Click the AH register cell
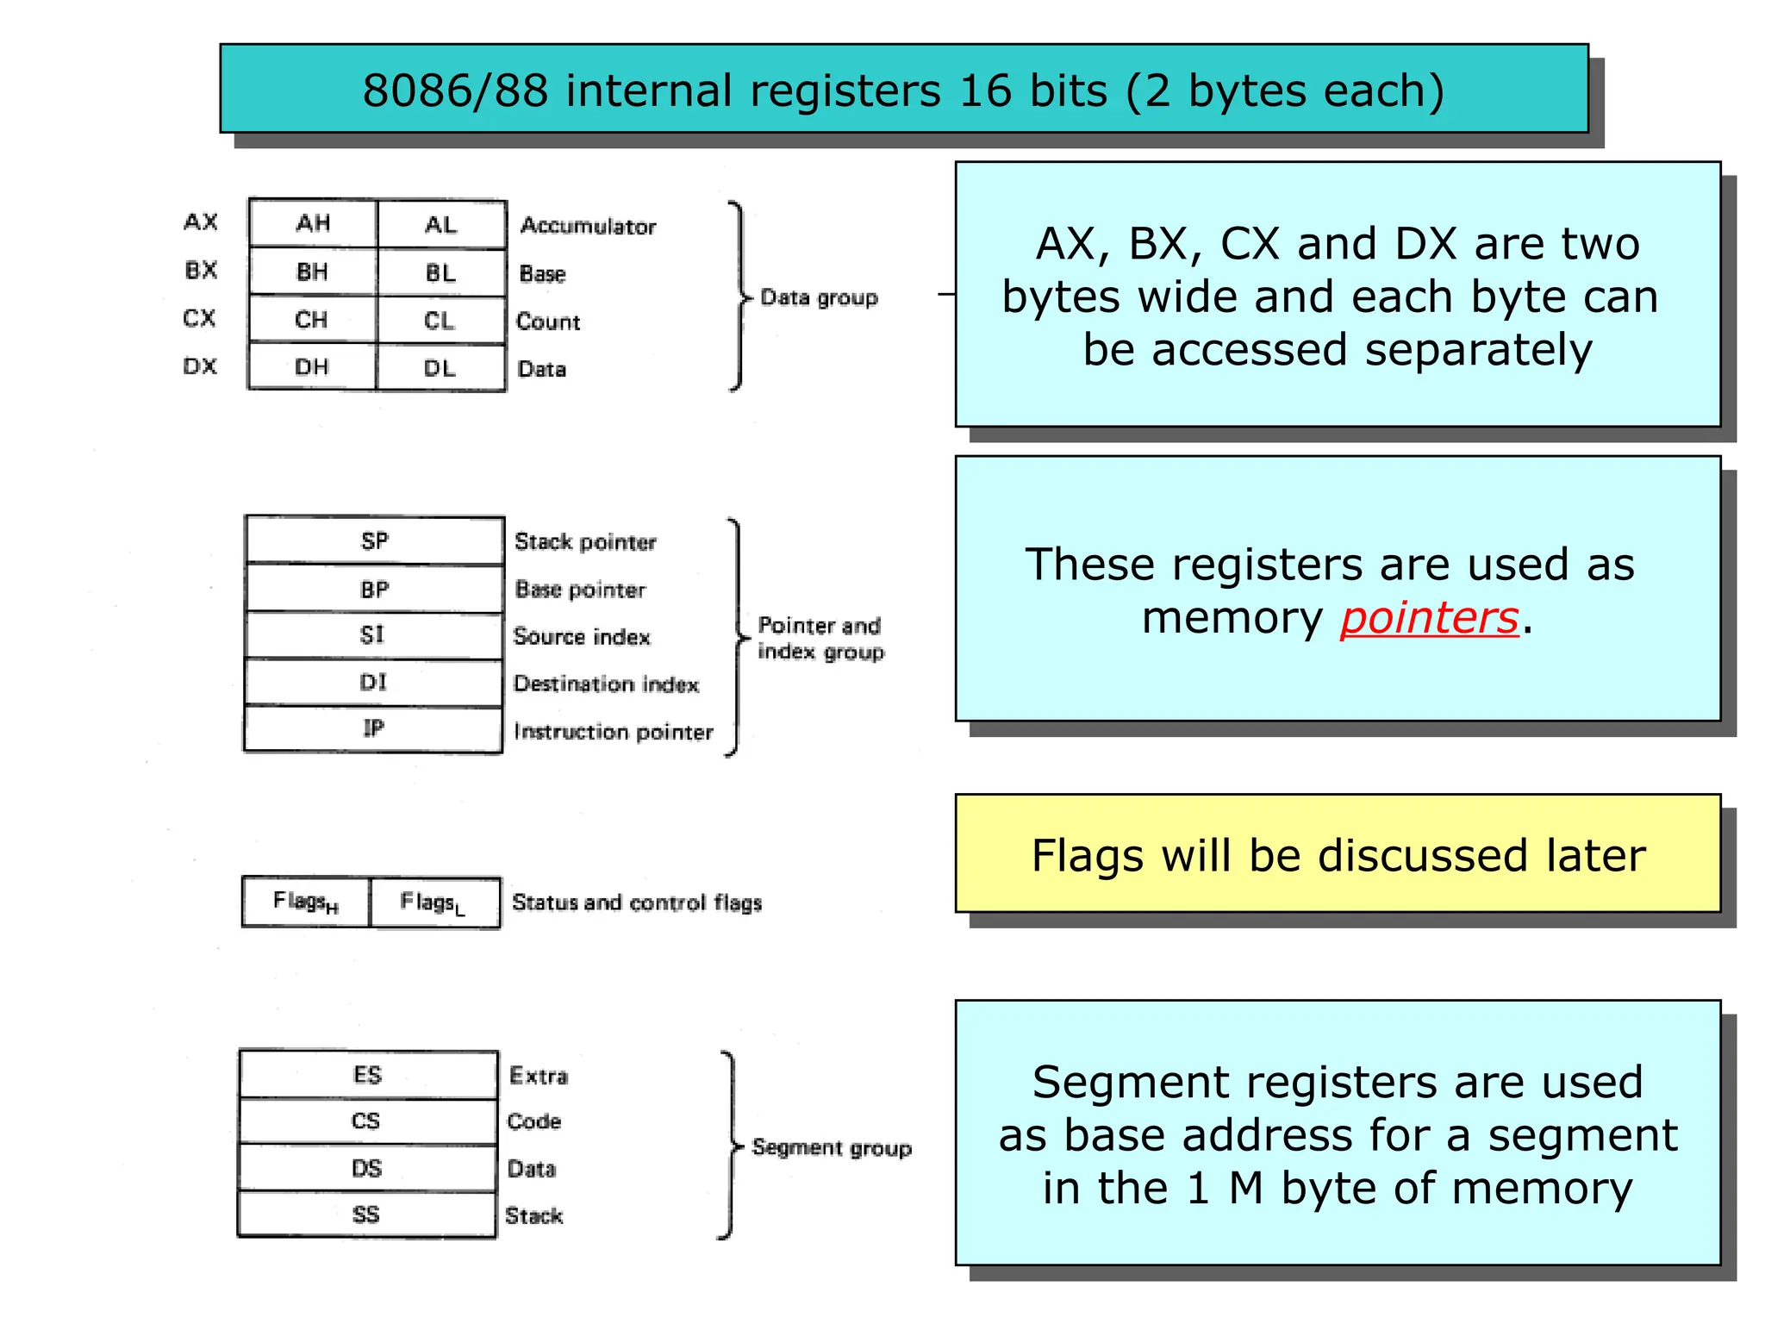(313, 224)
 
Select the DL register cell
(440, 368)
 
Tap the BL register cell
(440, 273)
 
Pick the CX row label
(199, 318)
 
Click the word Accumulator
(588, 226)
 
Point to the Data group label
(819, 297)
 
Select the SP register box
(374, 540)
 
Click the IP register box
(373, 729)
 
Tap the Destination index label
(606, 684)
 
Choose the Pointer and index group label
(820, 638)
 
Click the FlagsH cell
(306, 902)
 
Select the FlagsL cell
(433, 902)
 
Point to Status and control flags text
(637, 902)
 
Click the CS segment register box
(367, 1121)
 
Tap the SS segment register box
(366, 1215)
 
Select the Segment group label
(831, 1147)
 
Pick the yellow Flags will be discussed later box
(1338, 854)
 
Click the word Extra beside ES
(539, 1076)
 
